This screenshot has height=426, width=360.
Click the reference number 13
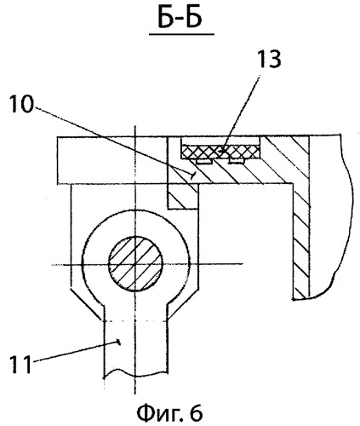(x=267, y=60)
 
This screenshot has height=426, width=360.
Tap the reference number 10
(x=21, y=104)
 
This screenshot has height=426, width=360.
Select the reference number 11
(x=20, y=365)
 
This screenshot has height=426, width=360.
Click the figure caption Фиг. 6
(x=169, y=413)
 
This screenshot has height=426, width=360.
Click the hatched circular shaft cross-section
(x=135, y=263)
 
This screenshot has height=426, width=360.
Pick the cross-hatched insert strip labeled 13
(x=220, y=152)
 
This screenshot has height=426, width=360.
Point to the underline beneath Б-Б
(x=181, y=34)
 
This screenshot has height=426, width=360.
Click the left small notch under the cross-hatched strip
(x=204, y=161)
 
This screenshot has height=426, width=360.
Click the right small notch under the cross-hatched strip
(x=237, y=161)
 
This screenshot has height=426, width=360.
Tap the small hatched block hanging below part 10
(x=183, y=197)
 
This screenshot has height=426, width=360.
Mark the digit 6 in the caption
(x=196, y=413)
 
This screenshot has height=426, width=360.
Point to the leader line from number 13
(x=241, y=113)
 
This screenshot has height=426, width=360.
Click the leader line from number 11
(x=77, y=352)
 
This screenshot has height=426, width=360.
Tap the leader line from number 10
(x=114, y=141)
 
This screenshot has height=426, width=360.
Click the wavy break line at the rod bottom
(x=134, y=373)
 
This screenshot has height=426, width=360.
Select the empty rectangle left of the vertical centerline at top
(x=96, y=160)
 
